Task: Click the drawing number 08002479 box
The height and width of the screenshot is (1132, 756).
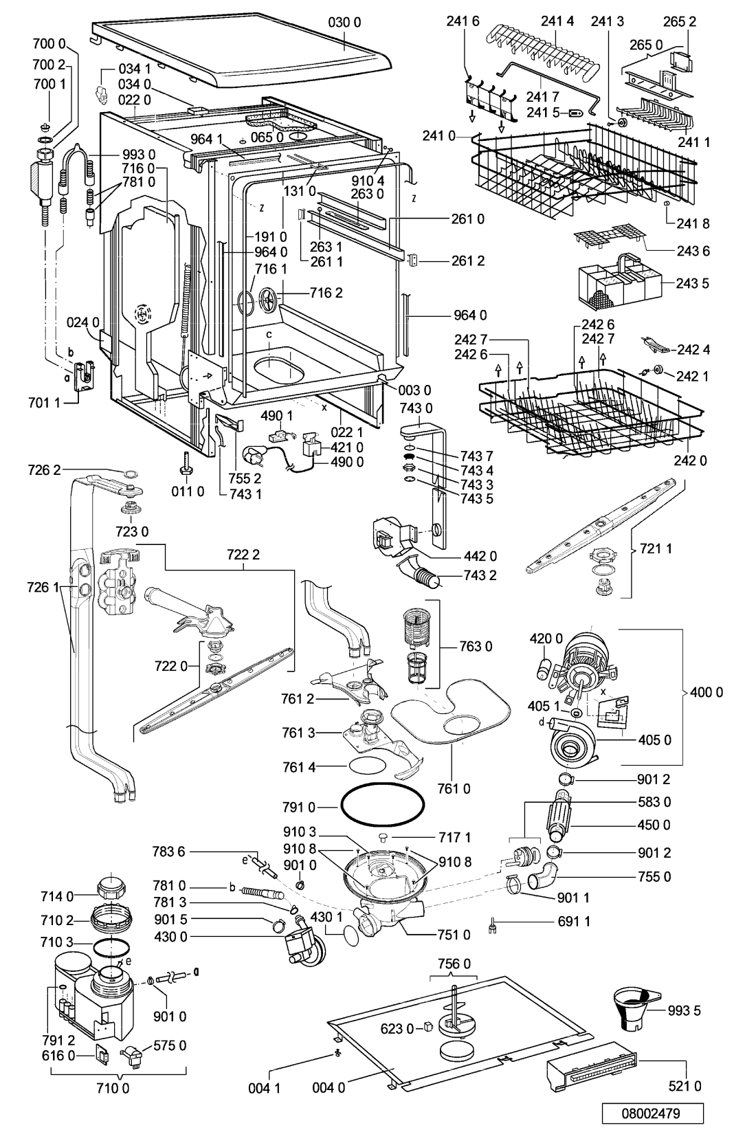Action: pos(653,1113)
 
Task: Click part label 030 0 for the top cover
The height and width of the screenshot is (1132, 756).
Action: pos(344,22)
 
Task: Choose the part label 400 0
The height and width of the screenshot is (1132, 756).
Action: pos(707,692)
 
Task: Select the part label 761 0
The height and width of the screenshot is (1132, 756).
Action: pos(454,788)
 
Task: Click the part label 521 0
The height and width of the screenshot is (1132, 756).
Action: pos(685,1085)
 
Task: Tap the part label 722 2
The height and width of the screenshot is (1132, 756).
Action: pos(243,555)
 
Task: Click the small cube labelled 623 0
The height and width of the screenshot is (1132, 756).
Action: pos(429,1027)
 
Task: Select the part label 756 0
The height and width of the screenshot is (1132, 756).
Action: pos(454,964)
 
